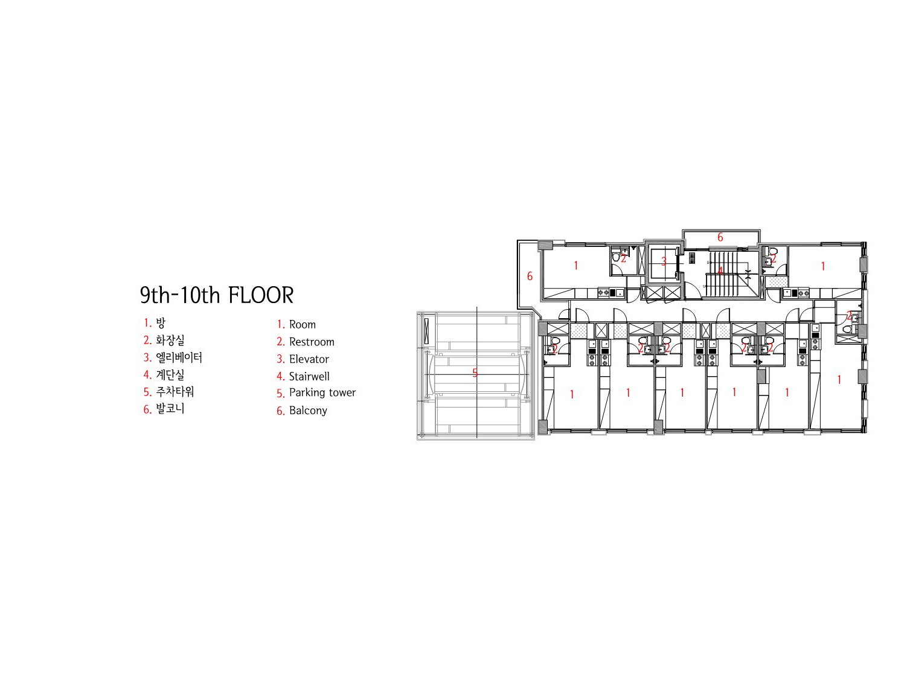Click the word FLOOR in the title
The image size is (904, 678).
(261, 295)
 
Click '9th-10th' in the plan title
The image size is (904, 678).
(180, 295)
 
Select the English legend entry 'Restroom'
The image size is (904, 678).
(312, 342)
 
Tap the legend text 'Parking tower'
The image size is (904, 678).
(322, 392)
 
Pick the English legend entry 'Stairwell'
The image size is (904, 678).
(309, 376)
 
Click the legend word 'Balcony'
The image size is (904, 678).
(307, 411)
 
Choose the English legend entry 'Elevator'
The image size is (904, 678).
(309, 359)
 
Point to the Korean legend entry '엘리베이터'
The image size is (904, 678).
(179, 357)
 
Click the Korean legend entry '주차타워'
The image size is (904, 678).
(175, 391)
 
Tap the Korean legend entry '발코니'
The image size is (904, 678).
(170, 409)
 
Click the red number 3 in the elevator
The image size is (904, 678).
(664, 261)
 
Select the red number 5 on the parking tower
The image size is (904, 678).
(475, 373)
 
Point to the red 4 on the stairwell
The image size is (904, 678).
(720, 271)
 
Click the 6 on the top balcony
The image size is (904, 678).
(720, 237)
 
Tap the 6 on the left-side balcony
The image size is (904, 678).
(530, 277)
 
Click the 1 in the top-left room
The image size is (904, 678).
(575, 266)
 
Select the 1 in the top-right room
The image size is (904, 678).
(823, 266)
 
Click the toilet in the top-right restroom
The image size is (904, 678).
(772, 251)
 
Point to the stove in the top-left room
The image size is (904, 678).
(603, 293)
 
